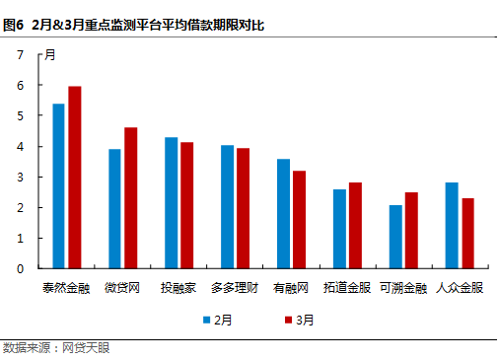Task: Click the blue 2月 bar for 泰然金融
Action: (58, 185)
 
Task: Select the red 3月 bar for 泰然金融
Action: (74, 177)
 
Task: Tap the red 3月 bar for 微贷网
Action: (130, 197)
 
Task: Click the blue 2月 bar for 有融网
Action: (283, 213)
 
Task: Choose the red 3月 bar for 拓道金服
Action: (355, 225)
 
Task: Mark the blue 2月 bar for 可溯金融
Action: (395, 236)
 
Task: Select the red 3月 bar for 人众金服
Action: (467, 233)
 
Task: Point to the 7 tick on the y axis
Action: (20, 55)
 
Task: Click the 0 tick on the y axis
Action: (20, 268)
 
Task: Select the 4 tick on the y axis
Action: (20, 147)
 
